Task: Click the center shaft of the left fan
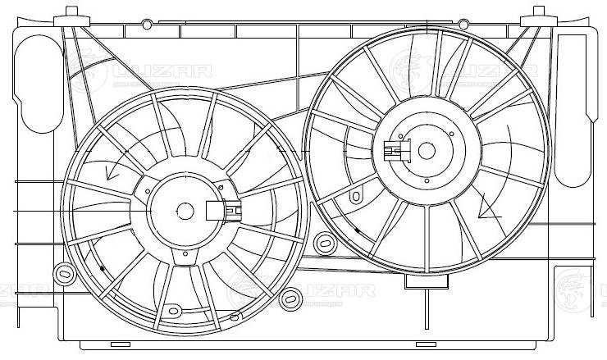[x=185, y=211]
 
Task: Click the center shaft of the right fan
[x=426, y=150]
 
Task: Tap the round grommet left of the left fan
[x=62, y=271]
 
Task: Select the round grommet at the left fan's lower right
[x=288, y=299]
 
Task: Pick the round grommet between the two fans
[x=323, y=242]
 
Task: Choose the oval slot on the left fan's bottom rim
[x=173, y=311]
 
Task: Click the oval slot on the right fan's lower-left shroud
[x=356, y=197]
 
